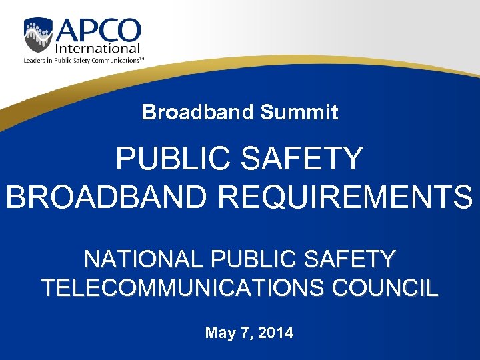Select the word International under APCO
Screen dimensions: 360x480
[x=98, y=49]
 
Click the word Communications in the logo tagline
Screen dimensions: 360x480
[x=117, y=60]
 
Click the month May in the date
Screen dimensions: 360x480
[x=219, y=333]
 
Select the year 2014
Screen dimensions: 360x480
[x=275, y=333]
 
